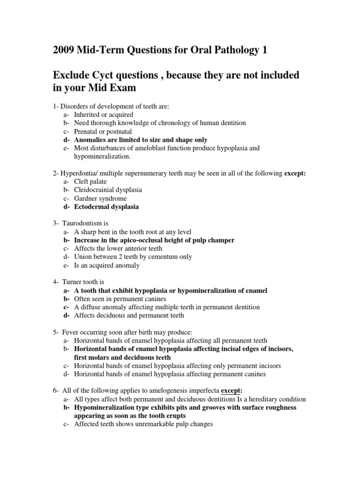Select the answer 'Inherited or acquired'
104,114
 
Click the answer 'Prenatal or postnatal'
103,131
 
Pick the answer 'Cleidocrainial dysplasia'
108,190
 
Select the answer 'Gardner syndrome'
100,198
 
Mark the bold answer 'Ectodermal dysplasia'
106,207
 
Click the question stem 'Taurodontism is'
85,223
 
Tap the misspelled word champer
221,240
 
